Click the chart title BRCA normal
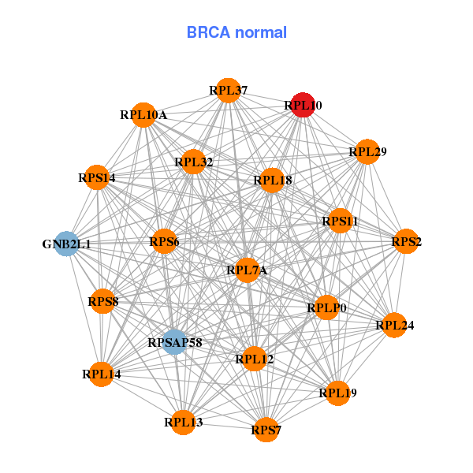pyautogui.click(x=236, y=32)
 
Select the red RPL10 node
pyautogui.click(x=304, y=105)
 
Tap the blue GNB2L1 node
pyautogui.click(x=67, y=244)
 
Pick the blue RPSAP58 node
pyautogui.click(x=175, y=342)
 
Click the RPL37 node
pyautogui.click(x=229, y=90)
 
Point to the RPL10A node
pyautogui.click(x=143, y=115)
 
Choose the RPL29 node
pyautogui.click(x=367, y=151)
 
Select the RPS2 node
pyautogui.click(x=407, y=241)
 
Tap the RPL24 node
pyautogui.click(x=395, y=324)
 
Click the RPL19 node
pyautogui.click(x=338, y=393)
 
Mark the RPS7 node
pyautogui.click(x=266, y=430)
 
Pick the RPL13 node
pyautogui.click(x=184, y=422)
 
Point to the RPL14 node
pyautogui.click(x=102, y=374)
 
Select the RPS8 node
pyautogui.click(x=103, y=301)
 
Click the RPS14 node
pyautogui.click(x=97, y=177)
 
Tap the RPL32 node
pyautogui.click(x=194, y=162)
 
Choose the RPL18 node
pyautogui.click(x=273, y=181)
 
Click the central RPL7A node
pyautogui.click(x=248, y=270)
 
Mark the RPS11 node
pyautogui.click(x=340, y=222)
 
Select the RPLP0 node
pyautogui.click(x=327, y=307)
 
